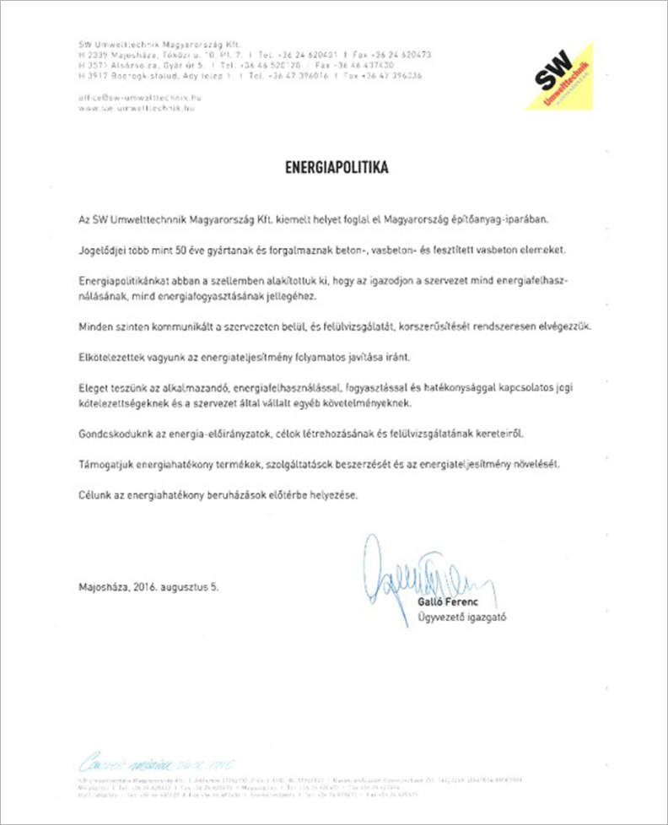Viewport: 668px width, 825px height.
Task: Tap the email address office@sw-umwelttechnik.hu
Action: point(139,98)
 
